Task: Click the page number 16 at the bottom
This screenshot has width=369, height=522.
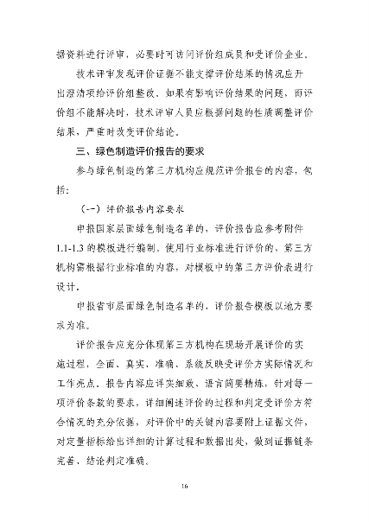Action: coord(184,489)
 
